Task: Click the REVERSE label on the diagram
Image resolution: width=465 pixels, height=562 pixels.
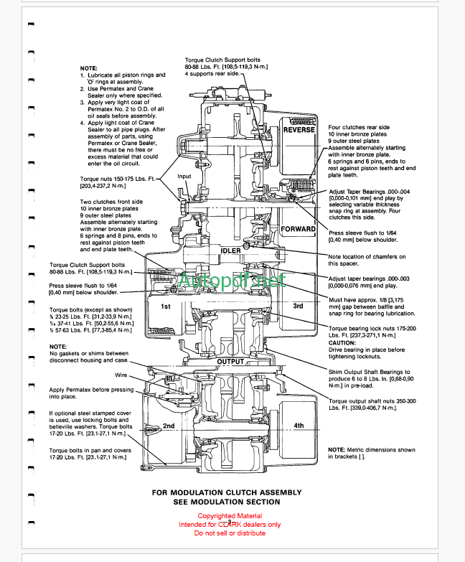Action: tap(299, 130)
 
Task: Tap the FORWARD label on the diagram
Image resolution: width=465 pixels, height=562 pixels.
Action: tap(299, 229)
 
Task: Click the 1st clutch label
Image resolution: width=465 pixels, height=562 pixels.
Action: tap(164, 306)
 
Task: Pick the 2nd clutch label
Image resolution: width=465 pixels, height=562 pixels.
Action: tap(169, 426)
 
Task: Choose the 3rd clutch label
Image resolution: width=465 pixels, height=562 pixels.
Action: tap(298, 306)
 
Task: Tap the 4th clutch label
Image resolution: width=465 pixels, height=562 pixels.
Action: tap(299, 426)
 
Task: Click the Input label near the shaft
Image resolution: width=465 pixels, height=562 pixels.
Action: tap(184, 176)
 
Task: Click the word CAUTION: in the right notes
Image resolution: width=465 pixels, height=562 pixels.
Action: tap(343, 342)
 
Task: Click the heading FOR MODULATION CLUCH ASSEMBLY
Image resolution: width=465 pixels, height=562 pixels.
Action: tap(232, 493)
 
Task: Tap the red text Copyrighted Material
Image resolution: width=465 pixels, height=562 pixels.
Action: tap(230, 515)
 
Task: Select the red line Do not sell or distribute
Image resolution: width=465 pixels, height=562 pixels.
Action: tap(230, 533)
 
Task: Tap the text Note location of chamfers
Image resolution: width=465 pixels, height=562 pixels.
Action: tap(366, 256)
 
